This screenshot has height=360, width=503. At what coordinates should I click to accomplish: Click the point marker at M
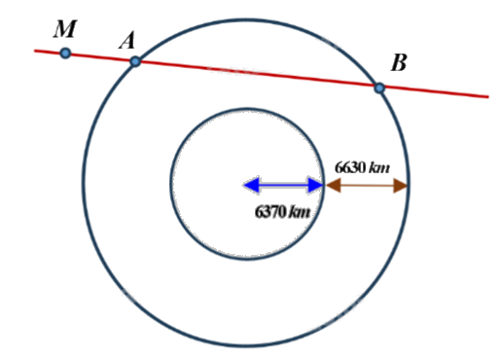tap(65, 53)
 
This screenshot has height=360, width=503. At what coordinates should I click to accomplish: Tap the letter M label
tap(64, 28)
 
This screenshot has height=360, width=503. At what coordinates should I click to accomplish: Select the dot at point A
tap(135, 61)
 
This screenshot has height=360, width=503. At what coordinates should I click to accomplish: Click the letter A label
tap(127, 41)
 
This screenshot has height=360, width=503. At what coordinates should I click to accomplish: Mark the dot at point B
tap(379, 88)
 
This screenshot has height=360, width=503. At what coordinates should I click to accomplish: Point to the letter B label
tap(398, 64)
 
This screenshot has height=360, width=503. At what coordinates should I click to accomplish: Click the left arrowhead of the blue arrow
tap(249, 185)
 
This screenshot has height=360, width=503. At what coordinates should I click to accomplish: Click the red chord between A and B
tap(258, 75)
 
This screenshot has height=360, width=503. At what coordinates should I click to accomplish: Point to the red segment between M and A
tap(100, 57)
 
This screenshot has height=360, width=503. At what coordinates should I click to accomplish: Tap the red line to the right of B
tap(438, 92)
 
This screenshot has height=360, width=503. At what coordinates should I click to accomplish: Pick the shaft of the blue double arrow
tap(282, 185)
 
